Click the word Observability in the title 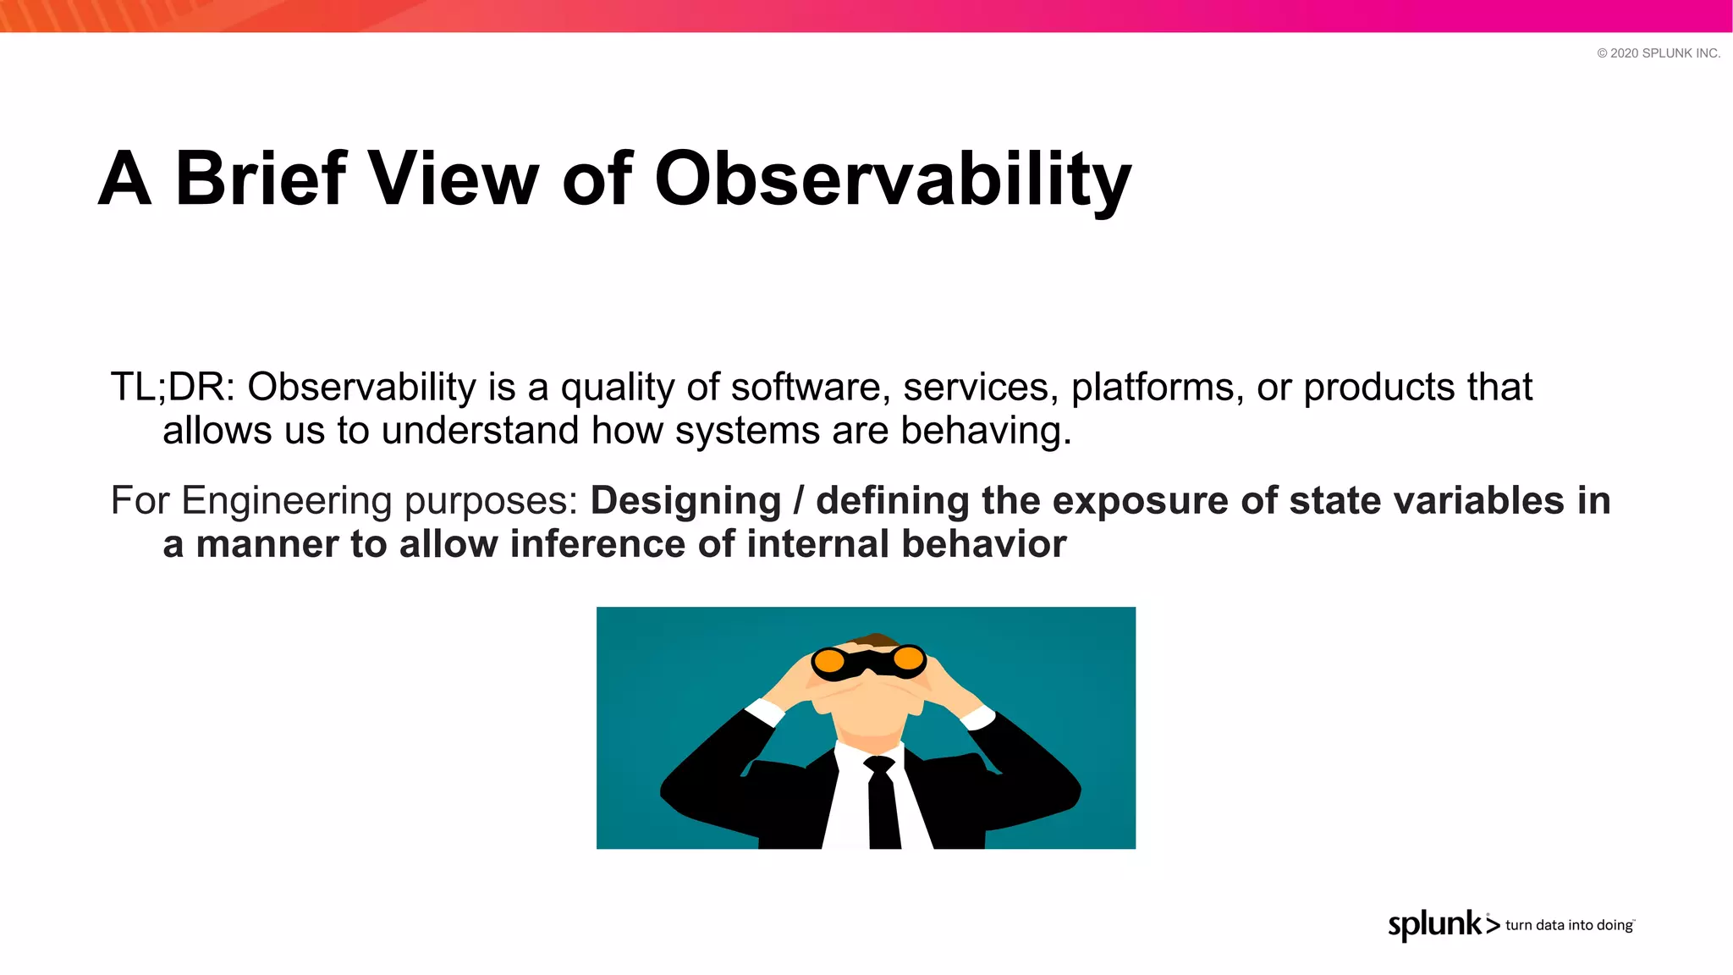click(893, 179)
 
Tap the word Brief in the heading click(260, 179)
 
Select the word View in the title click(454, 179)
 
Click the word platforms click(1157, 388)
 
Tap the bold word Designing click(685, 501)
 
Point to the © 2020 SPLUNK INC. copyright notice click(1658, 53)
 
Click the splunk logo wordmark click(1434, 924)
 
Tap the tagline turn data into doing click(1569, 925)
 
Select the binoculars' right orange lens click(908, 658)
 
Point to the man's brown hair click(874, 640)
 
